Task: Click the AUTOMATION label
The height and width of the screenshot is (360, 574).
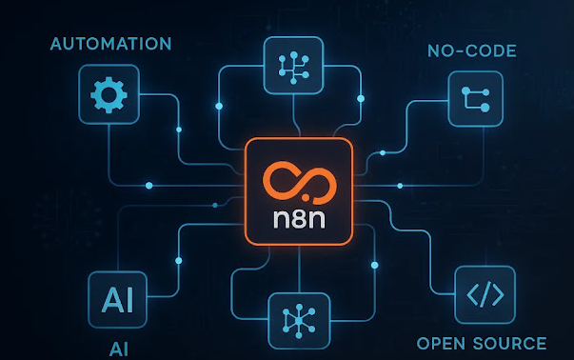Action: pos(109,44)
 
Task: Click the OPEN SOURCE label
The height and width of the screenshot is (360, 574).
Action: pos(482,343)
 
